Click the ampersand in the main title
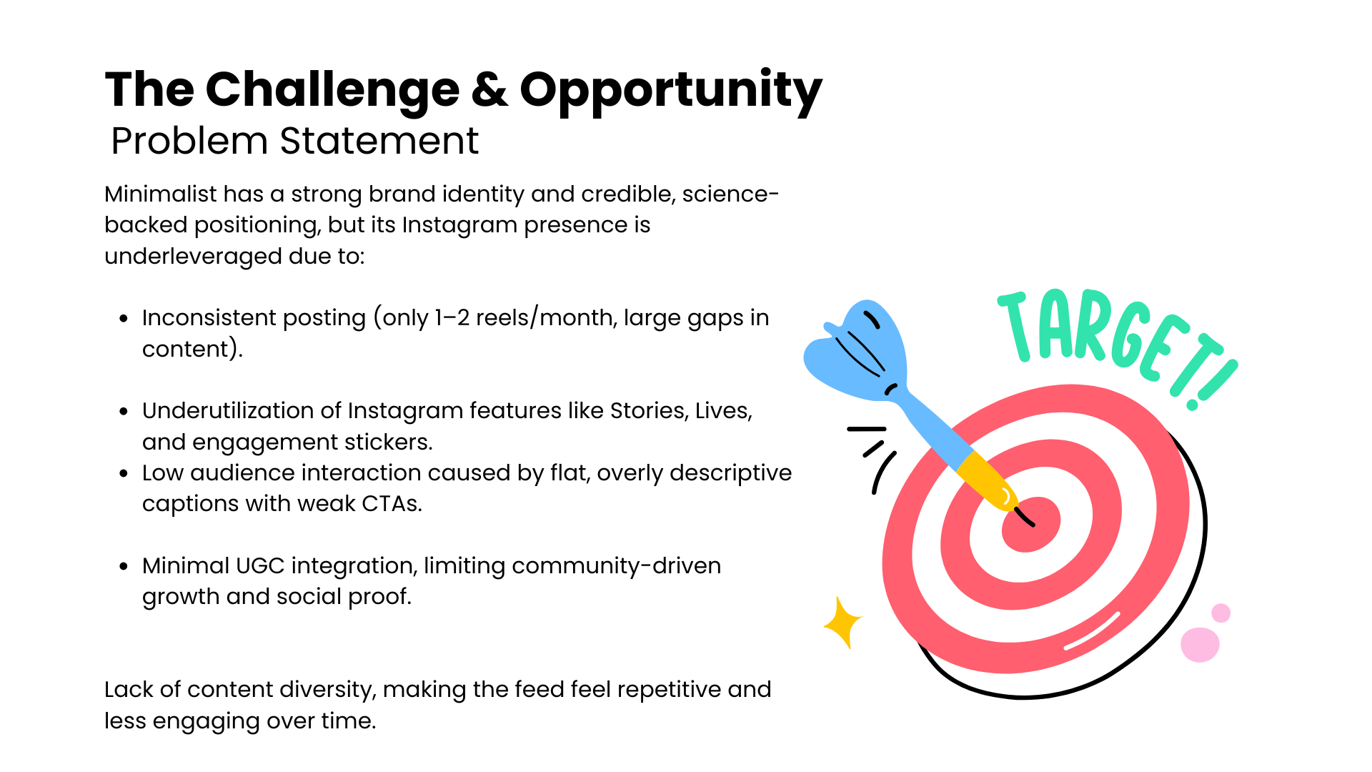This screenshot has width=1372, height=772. click(489, 90)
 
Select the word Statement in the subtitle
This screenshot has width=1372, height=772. click(379, 141)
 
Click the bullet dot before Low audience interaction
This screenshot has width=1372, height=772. click(124, 473)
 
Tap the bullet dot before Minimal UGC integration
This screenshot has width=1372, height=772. click(124, 566)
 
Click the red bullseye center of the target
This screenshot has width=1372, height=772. click(1031, 525)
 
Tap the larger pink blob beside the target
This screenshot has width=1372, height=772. click(1200, 645)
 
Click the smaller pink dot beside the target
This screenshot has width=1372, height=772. click(1221, 613)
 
